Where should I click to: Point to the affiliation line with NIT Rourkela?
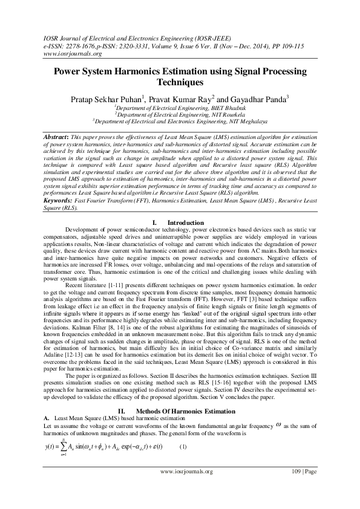point(180,112)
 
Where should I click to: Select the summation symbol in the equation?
point(64,413)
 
